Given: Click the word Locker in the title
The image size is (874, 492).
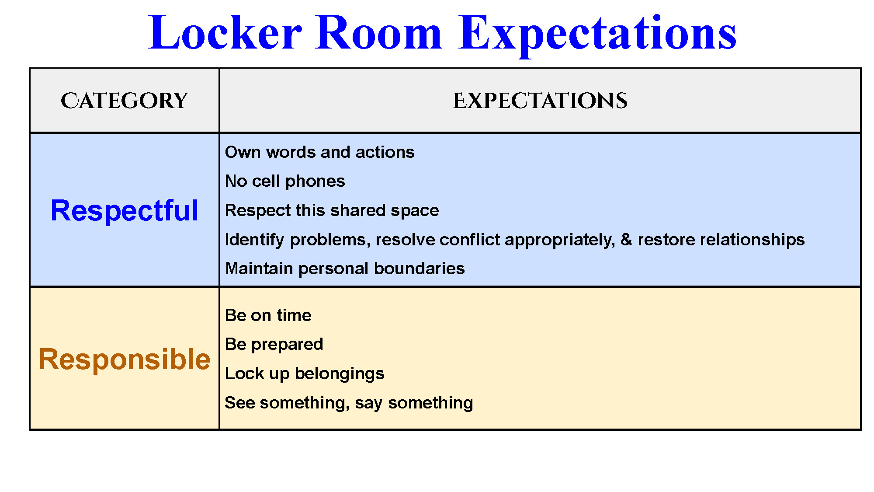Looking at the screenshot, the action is tap(225, 32).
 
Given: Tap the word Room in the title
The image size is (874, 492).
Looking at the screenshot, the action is tap(378, 32).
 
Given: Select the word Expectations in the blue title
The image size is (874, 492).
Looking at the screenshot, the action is tap(597, 35).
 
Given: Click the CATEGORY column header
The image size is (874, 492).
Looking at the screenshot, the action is tap(125, 101).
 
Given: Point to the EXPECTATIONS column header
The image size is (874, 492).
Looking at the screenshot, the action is tap(540, 101).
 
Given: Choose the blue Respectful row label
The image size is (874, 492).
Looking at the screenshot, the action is tap(125, 211).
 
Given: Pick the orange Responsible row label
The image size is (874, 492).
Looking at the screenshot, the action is tap(125, 359).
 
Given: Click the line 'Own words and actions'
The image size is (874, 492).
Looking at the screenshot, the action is tap(319, 152).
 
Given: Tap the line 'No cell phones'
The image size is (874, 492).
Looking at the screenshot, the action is tap(285, 181).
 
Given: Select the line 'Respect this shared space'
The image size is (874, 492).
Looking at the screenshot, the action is tap(332, 211).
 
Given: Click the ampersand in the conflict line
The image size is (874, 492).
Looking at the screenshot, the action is tap(626, 240).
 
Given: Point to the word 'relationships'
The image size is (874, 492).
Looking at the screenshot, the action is tap(721, 240).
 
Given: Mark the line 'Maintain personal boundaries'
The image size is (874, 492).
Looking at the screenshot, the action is tap(345, 269).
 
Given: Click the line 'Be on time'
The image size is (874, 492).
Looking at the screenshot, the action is tap(268, 315).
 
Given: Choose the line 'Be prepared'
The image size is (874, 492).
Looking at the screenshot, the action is tap(274, 345).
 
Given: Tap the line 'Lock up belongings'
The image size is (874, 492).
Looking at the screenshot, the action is tap(305, 374).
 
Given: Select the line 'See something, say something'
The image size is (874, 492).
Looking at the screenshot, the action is tap(349, 403).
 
